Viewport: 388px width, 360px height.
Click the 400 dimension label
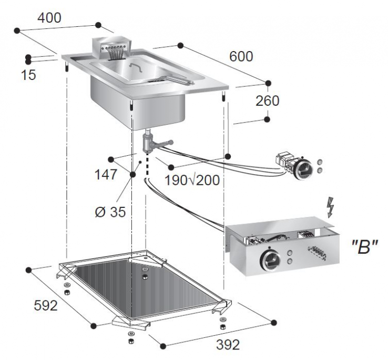pyautogui.click(x=49, y=17)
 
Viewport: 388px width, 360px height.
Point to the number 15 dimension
pyautogui.click(x=29, y=75)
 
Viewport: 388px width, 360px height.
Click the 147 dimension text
pyautogui.click(x=106, y=175)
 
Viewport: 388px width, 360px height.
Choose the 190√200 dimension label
pyautogui.click(x=191, y=180)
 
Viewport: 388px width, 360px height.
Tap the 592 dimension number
pyautogui.click(x=46, y=305)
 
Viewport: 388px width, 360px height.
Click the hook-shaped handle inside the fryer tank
pyautogui.click(x=135, y=67)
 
